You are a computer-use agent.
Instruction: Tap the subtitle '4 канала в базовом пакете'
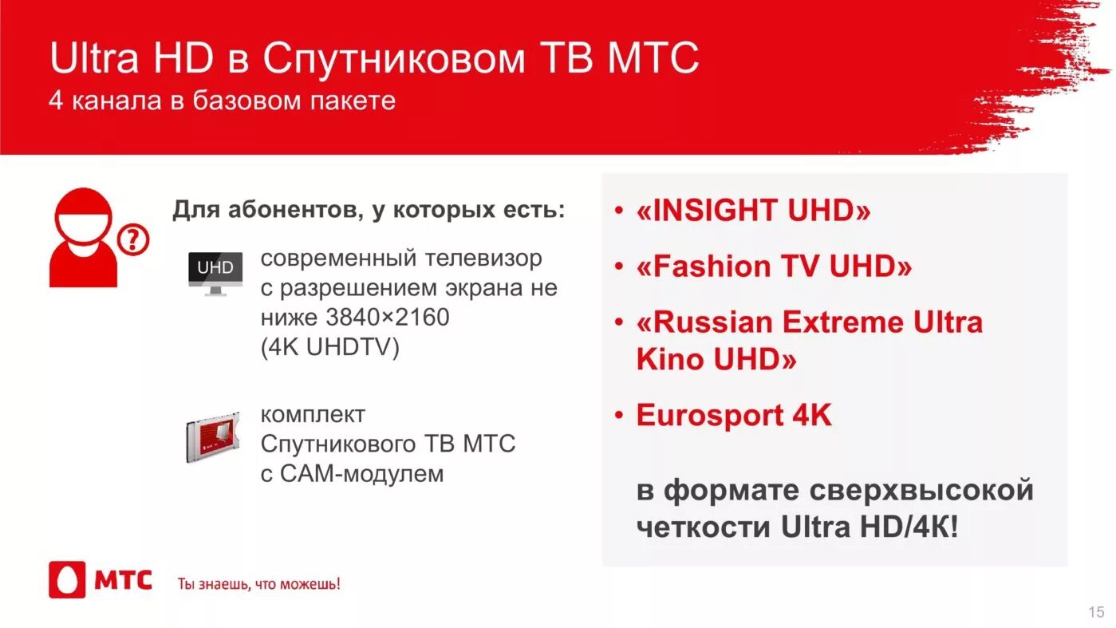pyautogui.click(x=222, y=101)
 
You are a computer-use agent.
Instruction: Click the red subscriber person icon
pyautogui.click(x=84, y=238)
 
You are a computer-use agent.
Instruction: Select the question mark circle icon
pyautogui.click(x=133, y=239)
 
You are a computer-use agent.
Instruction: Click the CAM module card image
pyautogui.click(x=212, y=438)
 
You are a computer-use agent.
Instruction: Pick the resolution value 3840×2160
pyautogui.click(x=388, y=318)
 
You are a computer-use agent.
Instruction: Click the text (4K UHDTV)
pyautogui.click(x=329, y=348)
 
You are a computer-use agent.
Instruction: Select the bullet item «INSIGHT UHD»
pyautogui.click(x=752, y=211)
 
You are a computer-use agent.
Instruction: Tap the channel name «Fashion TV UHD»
pyautogui.click(x=773, y=267)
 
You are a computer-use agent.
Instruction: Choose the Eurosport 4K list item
pyautogui.click(x=733, y=416)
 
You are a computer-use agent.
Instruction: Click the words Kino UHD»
pyautogui.click(x=716, y=360)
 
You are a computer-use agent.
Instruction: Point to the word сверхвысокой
pyautogui.click(x=921, y=489)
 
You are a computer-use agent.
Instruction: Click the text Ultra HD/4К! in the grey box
pyautogui.click(x=870, y=527)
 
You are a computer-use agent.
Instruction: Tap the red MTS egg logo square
pyautogui.click(x=67, y=580)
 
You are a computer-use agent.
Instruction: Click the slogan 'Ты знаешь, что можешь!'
pyautogui.click(x=258, y=584)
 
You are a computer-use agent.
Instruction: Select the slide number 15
pyautogui.click(x=1096, y=612)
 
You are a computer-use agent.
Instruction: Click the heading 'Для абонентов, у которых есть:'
pyautogui.click(x=369, y=211)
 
